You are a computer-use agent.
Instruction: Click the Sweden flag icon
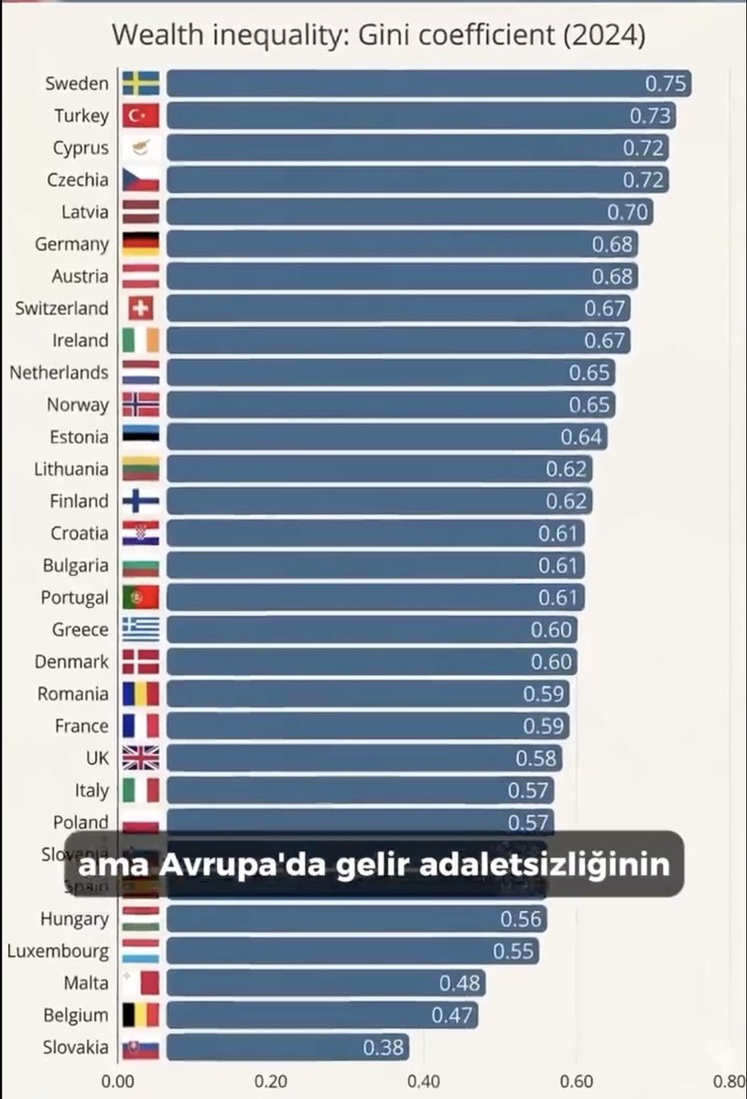pyautogui.click(x=140, y=83)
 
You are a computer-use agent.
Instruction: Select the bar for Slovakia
pyautogui.click(x=287, y=1047)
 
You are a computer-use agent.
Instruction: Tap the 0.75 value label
pyautogui.click(x=666, y=83)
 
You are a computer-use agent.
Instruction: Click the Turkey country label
pyautogui.click(x=81, y=115)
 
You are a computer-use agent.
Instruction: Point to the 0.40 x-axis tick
pyautogui.click(x=424, y=1081)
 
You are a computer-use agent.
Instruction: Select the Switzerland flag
pyautogui.click(x=140, y=308)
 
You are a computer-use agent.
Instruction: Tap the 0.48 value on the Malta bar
pyautogui.click(x=460, y=983)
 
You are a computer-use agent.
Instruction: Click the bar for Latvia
pyautogui.click(x=408, y=212)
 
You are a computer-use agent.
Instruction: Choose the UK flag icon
pyautogui.click(x=140, y=757)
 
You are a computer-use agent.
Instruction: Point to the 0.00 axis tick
pyautogui.click(x=119, y=1081)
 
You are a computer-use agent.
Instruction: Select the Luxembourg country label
pyautogui.click(x=58, y=951)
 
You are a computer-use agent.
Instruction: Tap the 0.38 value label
pyautogui.click(x=384, y=1047)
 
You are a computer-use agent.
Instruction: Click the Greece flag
pyautogui.click(x=140, y=629)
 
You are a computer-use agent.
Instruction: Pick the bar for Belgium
pyautogui.click(x=320, y=1015)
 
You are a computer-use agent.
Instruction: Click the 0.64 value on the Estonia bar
pyautogui.click(x=581, y=436)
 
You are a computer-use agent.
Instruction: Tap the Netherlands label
pyautogui.click(x=59, y=372)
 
